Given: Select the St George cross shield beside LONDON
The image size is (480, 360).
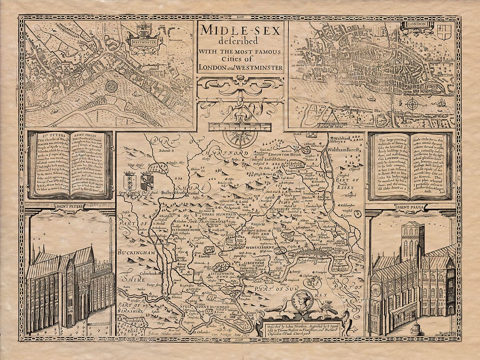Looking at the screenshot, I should click(444, 32).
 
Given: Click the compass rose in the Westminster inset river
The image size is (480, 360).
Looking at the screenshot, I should click(111, 86).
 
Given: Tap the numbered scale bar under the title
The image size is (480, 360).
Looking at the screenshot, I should click(240, 127).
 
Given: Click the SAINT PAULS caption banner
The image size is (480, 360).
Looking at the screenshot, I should click(410, 207).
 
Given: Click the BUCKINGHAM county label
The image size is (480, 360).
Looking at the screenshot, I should click(136, 253).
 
